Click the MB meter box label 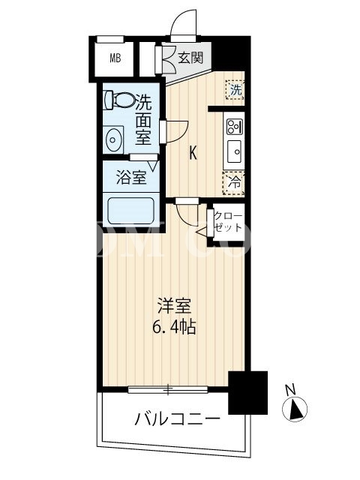click(115, 58)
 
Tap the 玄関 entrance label click(190, 58)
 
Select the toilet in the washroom click(120, 99)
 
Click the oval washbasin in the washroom click(113, 140)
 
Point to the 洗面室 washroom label click(143, 118)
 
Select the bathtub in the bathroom click(131, 210)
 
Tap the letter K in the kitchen click(193, 152)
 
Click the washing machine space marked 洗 click(235, 90)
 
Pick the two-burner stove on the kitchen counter click(235, 127)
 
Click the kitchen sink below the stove click(235, 151)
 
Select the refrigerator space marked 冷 click(234, 183)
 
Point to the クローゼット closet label click(228, 221)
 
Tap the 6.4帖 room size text click(174, 328)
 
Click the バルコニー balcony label click(177, 418)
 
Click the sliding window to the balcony click(168, 390)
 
